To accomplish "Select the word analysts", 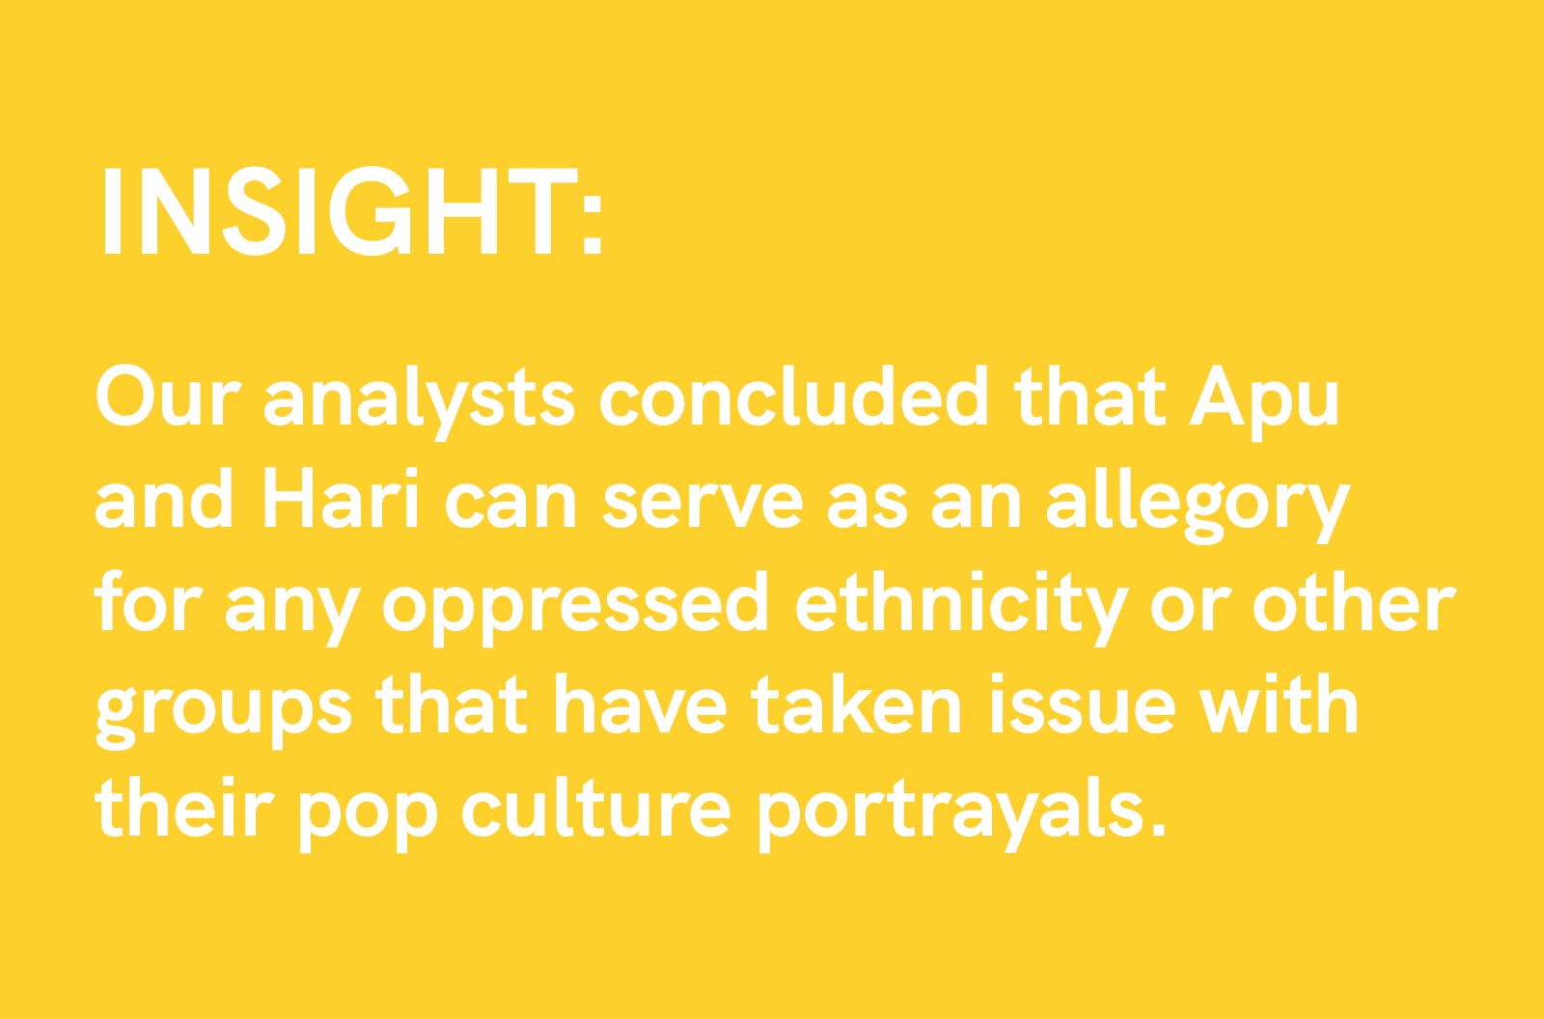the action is coord(419,400).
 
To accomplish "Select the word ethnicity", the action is coord(960,607).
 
